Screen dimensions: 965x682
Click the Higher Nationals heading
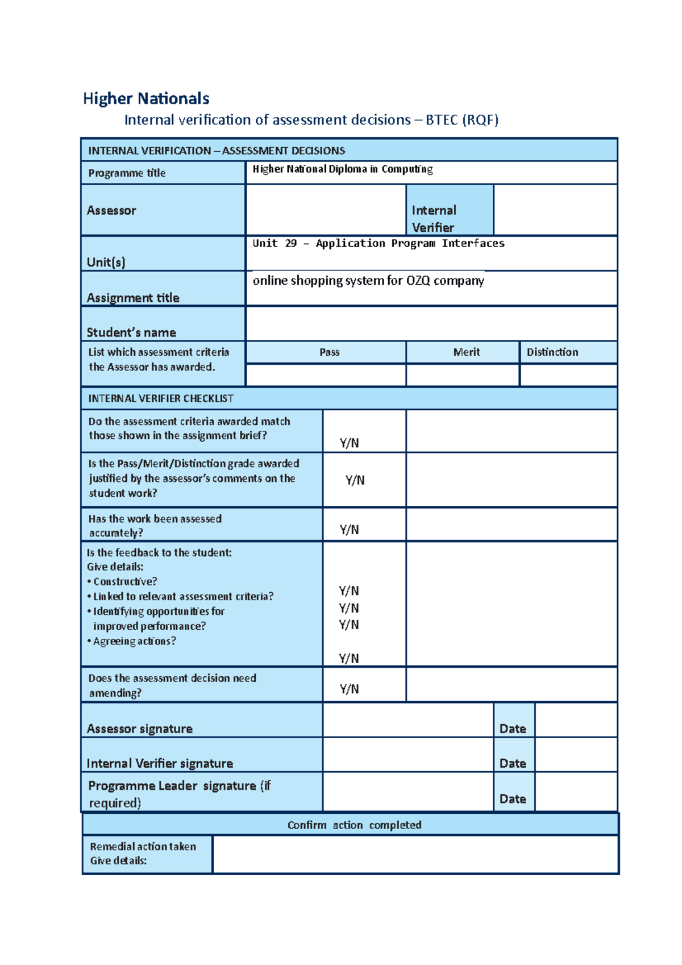click(x=146, y=98)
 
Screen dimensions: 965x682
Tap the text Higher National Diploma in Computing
click(x=342, y=169)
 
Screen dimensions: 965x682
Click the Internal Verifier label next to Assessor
click(x=434, y=219)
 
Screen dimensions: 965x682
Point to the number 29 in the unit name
click(x=290, y=243)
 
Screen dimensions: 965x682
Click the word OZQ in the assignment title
click(x=418, y=280)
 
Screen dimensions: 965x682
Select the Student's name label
click(x=131, y=332)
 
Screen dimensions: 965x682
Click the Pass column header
click(x=329, y=352)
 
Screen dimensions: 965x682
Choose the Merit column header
click(x=466, y=352)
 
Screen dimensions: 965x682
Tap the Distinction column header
click(x=552, y=352)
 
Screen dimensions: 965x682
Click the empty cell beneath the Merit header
click(x=463, y=375)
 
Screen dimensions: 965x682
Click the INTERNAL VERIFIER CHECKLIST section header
click(x=161, y=398)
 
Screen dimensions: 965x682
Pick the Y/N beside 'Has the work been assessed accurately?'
click(x=349, y=530)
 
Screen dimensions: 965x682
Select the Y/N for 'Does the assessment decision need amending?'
click(x=349, y=689)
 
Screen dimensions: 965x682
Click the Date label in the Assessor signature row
click(x=512, y=729)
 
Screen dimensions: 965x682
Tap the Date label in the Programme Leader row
click(x=512, y=798)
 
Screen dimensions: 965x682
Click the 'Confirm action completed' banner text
click(x=354, y=825)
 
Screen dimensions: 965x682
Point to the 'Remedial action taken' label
click(x=143, y=846)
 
